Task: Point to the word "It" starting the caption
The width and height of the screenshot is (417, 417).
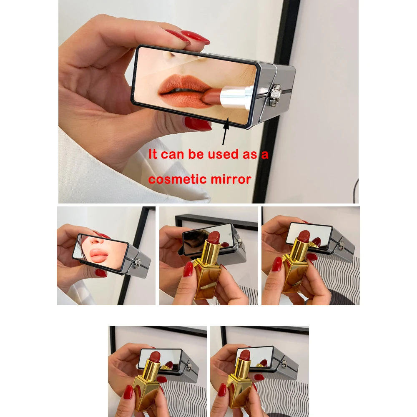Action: click(153, 155)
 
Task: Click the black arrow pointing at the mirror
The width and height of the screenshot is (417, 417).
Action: click(226, 131)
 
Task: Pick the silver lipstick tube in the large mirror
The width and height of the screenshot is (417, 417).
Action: click(236, 97)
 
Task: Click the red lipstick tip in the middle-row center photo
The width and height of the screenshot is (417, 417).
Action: click(214, 238)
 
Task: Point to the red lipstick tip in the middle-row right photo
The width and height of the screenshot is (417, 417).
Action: click(304, 236)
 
